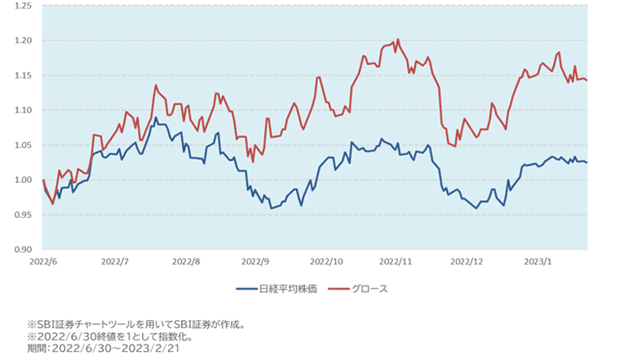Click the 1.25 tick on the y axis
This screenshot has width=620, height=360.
point(22,6)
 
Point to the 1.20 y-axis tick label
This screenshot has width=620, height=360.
point(22,40)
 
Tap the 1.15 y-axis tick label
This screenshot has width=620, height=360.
point(22,75)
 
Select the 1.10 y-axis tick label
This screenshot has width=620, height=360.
point(22,110)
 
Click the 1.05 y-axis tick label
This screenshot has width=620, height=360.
point(22,144)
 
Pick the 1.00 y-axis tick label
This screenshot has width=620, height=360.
point(22,180)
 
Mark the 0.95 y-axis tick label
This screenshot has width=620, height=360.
point(22,215)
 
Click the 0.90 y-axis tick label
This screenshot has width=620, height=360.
point(22,249)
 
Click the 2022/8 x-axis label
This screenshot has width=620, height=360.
point(187,262)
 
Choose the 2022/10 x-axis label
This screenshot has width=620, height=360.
point(327,262)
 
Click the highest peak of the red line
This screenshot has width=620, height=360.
point(397,38)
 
